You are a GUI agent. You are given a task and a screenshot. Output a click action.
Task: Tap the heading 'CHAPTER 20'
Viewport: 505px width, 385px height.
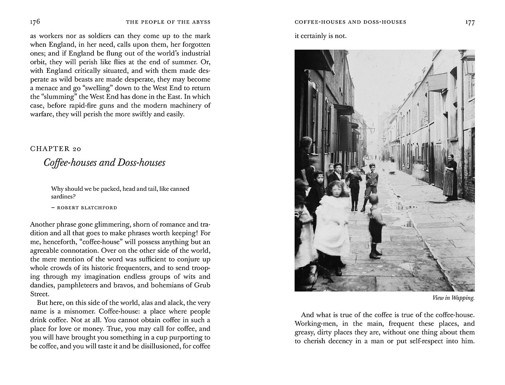pos(56,148)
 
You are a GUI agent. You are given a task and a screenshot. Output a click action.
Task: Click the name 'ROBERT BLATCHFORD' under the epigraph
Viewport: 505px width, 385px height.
pos(87,208)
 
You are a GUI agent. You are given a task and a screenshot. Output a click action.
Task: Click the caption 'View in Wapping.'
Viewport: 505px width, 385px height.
pos(453,298)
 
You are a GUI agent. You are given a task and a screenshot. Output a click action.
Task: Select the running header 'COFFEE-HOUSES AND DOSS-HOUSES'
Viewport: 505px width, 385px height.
pos(350,22)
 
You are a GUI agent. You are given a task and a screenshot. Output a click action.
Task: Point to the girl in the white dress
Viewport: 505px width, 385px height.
pos(332,219)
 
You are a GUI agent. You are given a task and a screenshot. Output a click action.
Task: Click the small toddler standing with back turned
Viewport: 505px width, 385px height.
pos(376,227)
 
